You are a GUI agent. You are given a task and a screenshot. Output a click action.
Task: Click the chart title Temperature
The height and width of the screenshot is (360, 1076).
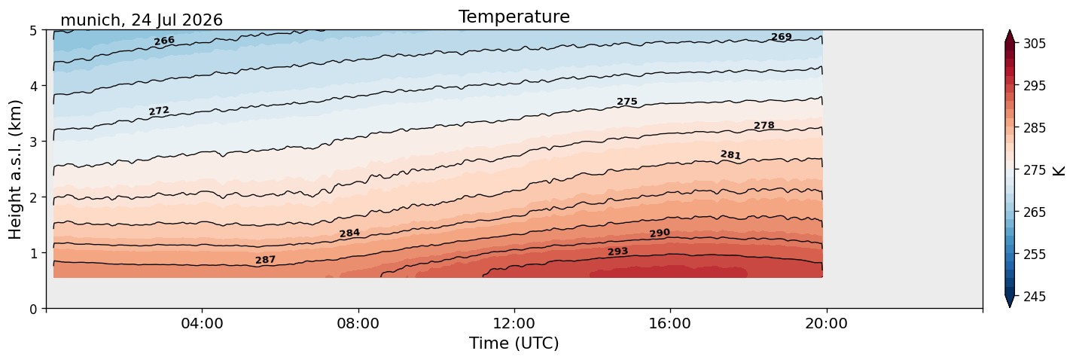click(514, 17)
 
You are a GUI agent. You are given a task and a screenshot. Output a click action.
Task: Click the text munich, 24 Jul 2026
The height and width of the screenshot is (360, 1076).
click(142, 20)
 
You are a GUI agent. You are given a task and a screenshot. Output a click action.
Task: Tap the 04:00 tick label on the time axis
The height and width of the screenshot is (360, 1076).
click(203, 323)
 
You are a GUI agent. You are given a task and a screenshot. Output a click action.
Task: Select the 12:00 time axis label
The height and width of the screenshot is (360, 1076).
click(514, 323)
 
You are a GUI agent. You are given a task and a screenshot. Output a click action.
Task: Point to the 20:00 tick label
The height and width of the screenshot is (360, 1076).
click(826, 323)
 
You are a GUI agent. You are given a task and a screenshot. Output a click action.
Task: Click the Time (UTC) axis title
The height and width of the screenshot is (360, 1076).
click(514, 343)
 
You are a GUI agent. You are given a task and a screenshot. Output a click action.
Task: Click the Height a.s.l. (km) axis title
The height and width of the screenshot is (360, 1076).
click(15, 169)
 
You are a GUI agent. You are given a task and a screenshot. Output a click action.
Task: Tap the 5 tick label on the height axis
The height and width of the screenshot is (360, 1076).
click(33, 31)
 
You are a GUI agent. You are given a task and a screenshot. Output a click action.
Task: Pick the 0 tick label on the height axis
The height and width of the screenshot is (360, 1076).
click(33, 309)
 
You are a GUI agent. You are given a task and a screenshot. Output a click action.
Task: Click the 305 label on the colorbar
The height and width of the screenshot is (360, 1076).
click(1034, 44)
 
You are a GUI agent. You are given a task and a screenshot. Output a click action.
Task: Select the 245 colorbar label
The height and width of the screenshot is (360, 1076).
click(1034, 297)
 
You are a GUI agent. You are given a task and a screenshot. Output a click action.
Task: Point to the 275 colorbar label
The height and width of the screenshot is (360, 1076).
click(1034, 171)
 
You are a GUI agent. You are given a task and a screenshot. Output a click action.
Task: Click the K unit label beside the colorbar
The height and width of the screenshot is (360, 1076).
click(1059, 171)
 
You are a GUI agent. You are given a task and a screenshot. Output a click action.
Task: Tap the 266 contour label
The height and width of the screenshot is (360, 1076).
click(164, 41)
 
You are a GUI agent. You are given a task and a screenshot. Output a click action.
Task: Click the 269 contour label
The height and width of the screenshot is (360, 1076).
click(782, 37)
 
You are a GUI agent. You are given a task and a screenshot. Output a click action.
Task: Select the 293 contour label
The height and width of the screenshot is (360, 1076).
click(617, 252)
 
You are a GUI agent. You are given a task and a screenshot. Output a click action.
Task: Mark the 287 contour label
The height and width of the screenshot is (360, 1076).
click(265, 260)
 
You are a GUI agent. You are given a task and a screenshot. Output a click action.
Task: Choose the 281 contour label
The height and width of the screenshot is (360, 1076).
click(730, 154)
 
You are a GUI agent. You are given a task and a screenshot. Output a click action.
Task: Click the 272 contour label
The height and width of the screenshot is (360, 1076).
click(159, 111)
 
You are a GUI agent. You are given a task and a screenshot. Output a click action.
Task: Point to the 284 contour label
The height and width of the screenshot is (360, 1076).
click(349, 233)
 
